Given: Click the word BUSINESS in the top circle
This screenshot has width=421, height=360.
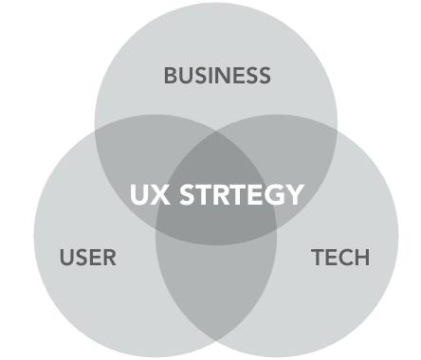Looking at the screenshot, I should [x=217, y=76].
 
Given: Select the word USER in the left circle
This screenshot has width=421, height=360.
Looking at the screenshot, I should [x=87, y=257].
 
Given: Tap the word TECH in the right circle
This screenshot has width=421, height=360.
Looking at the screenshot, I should [x=340, y=257].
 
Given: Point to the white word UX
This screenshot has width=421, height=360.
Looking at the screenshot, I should [x=148, y=195].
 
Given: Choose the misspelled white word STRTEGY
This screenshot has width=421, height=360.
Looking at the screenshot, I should [x=238, y=195].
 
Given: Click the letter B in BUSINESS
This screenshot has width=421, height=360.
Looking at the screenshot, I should [x=172, y=76].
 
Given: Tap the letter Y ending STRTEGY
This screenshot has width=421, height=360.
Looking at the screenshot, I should [x=295, y=195].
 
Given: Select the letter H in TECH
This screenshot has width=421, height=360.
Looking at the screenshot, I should [x=361, y=257].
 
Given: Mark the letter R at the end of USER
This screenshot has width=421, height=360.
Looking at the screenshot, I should [x=108, y=257].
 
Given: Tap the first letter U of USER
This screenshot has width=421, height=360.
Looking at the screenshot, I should [x=66, y=257].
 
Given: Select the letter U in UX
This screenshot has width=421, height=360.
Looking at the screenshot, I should [x=138, y=195].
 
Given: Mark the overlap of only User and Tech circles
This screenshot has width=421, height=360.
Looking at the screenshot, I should [x=216, y=289].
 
